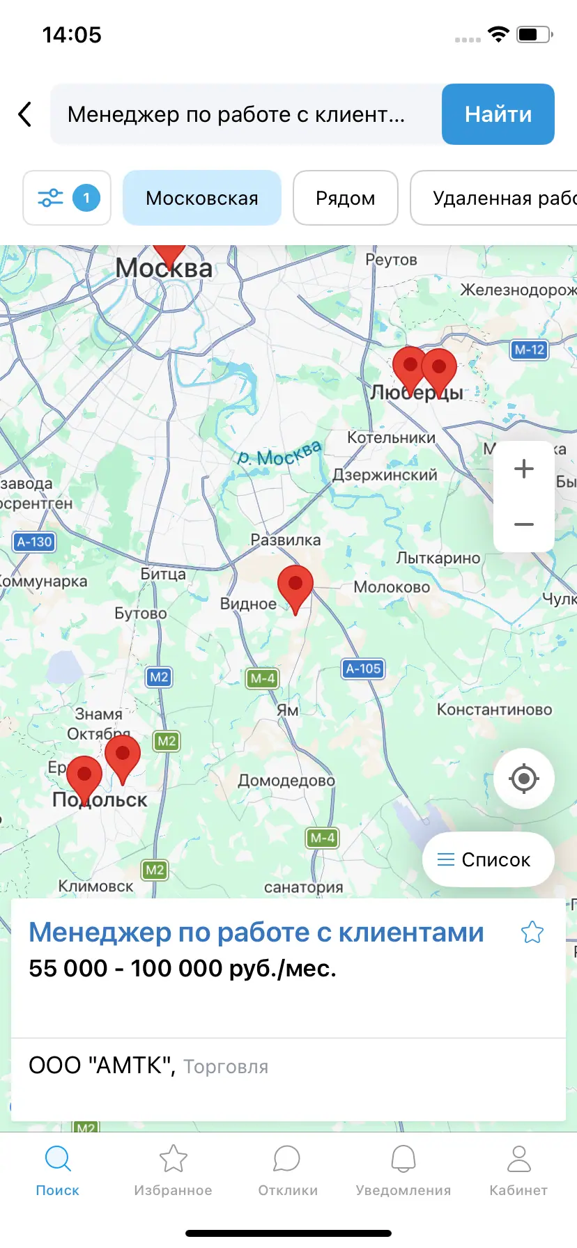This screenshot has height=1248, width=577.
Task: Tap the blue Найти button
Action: (x=498, y=114)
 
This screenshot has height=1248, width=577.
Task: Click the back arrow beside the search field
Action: (x=25, y=114)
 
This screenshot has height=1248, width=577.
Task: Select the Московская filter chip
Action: (x=202, y=198)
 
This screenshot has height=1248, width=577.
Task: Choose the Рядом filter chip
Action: (x=345, y=198)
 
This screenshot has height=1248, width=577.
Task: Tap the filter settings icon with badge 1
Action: (x=67, y=198)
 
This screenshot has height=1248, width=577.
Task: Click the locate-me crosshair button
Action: (x=524, y=779)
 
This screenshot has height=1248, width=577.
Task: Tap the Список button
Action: (x=488, y=860)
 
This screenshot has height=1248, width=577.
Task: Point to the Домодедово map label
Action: (x=286, y=781)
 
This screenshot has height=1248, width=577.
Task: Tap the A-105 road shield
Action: (x=364, y=669)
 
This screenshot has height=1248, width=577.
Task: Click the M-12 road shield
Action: (x=530, y=350)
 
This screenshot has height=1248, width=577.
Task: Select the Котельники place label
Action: (x=391, y=437)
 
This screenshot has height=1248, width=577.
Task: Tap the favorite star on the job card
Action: (x=532, y=932)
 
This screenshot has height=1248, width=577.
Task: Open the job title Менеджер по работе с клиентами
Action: (x=256, y=933)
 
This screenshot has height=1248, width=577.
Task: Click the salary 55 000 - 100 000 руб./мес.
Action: (x=183, y=969)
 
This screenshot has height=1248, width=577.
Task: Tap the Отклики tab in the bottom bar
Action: (x=288, y=1170)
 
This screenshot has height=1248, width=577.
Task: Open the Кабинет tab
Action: (x=518, y=1170)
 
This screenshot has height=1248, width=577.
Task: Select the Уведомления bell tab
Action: (x=403, y=1170)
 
